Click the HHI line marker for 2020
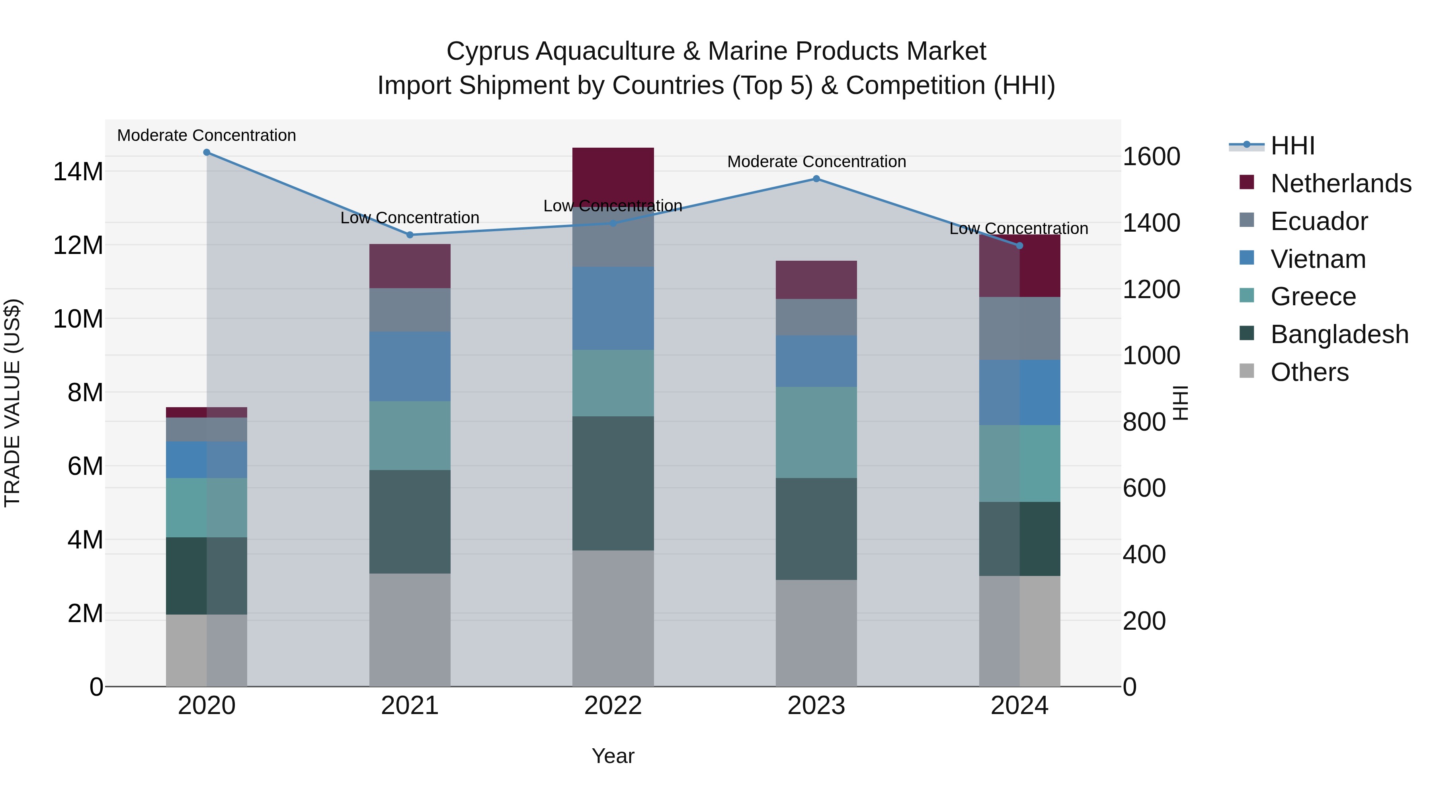(206, 152)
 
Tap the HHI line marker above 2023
(816, 179)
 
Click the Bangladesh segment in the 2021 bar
(410, 522)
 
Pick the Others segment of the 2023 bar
(816, 633)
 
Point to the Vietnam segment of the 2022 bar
(613, 308)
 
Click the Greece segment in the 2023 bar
(816, 432)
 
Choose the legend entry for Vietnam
(1317, 259)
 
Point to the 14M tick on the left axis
(78, 172)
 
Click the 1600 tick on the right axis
(1151, 157)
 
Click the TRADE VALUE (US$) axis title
(13, 403)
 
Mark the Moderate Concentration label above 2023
(816, 162)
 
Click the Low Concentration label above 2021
(410, 218)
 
